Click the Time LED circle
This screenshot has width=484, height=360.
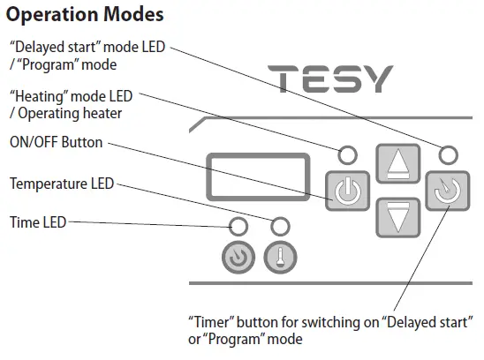(238, 224)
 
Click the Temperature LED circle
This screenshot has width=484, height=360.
(281, 224)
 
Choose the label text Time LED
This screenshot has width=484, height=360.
(36, 221)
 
